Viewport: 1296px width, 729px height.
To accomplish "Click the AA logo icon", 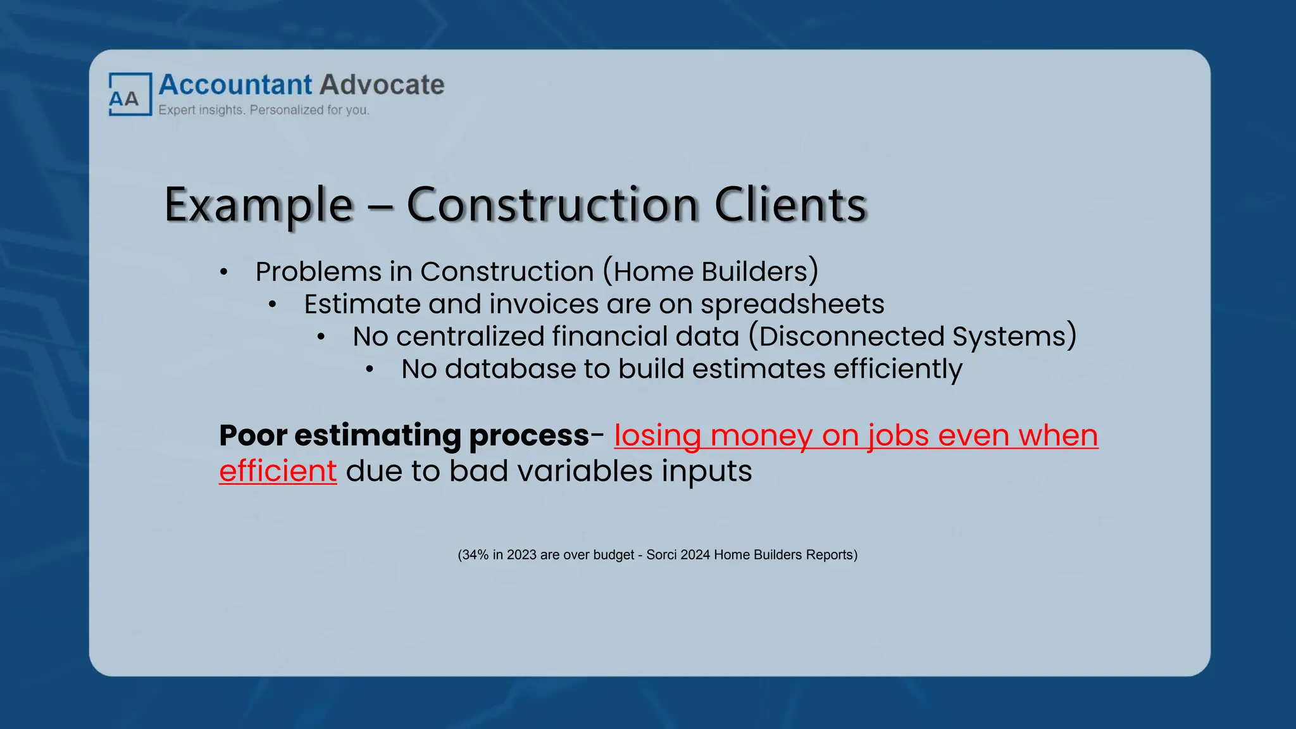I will (x=130, y=94).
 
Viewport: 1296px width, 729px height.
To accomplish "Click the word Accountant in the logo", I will (x=235, y=85).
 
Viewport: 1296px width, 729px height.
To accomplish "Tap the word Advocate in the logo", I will (x=382, y=85).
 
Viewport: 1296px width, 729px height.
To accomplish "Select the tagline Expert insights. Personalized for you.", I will (x=263, y=110).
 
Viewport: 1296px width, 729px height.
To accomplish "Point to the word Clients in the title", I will (x=790, y=205).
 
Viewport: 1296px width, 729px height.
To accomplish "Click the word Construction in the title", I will (x=552, y=205).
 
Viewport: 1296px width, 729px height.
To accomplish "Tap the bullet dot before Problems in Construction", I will (x=223, y=273).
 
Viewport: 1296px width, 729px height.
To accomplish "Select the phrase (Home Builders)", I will (x=710, y=271).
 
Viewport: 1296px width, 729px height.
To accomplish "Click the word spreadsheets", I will (x=792, y=304).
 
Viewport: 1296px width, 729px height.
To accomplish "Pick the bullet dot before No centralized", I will (x=321, y=337).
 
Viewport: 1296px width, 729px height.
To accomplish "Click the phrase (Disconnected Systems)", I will (x=913, y=337).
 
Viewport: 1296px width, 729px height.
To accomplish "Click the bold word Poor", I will (x=252, y=435).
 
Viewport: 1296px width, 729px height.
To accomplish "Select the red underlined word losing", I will (x=657, y=435).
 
